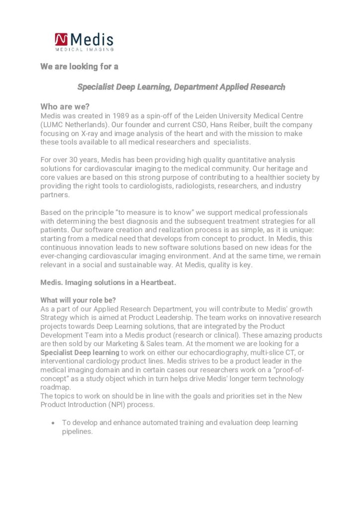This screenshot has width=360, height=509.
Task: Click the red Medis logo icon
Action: click(x=62, y=39)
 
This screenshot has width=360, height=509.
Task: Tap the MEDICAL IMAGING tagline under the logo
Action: click(x=84, y=49)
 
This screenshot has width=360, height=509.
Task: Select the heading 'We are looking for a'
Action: click(x=79, y=67)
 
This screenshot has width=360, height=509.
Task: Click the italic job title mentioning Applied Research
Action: click(x=181, y=87)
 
